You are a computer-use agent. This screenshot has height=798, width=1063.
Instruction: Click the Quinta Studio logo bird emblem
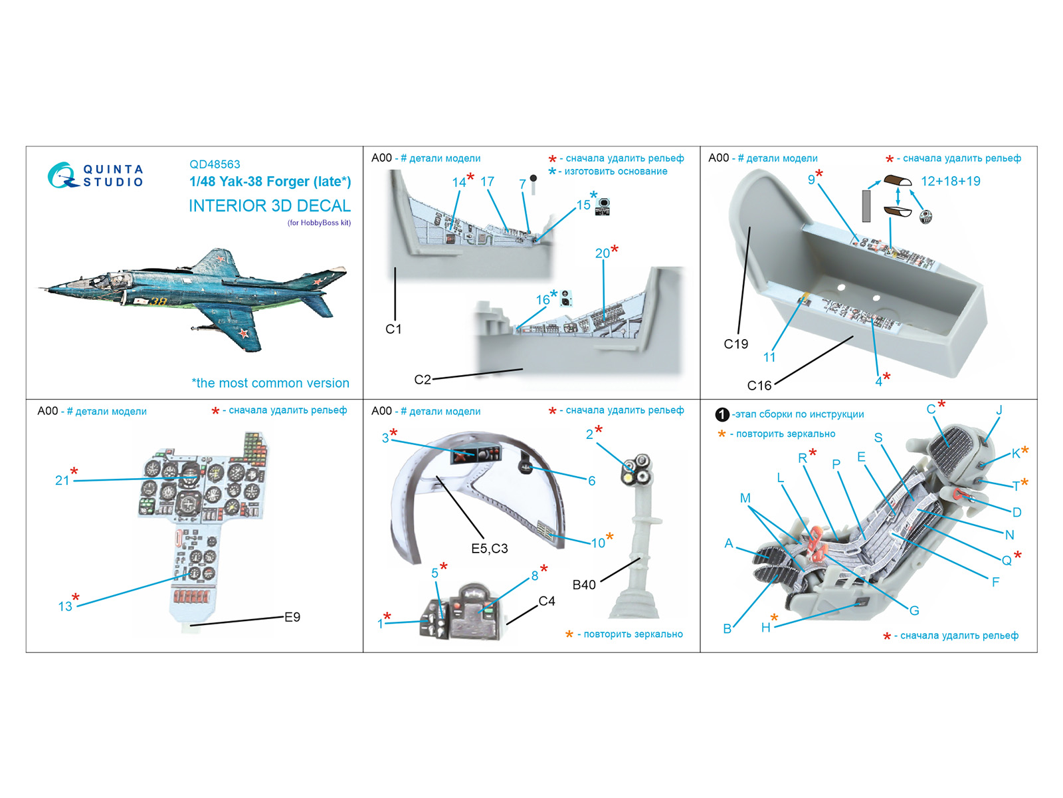tap(61, 175)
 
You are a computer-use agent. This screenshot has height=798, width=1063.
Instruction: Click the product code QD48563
tap(215, 164)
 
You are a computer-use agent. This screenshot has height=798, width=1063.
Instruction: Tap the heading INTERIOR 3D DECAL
tap(269, 206)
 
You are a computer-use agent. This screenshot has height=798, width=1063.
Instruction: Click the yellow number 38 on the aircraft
tap(158, 302)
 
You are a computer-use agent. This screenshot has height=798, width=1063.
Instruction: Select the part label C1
tap(393, 329)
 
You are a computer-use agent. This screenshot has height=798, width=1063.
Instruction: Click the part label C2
tap(423, 380)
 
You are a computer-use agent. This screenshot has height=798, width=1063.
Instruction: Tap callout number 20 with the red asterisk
tap(603, 253)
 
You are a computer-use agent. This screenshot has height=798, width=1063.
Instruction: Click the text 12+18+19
tap(950, 182)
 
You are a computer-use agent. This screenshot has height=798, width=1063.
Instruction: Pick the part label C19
tap(735, 344)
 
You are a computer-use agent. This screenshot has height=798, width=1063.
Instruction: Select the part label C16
tap(759, 386)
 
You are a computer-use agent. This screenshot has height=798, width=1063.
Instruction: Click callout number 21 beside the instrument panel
tap(62, 480)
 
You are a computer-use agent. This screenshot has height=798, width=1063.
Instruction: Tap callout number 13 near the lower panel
tap(65, 606)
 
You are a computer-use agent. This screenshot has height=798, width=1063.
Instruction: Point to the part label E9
tap(292, 617)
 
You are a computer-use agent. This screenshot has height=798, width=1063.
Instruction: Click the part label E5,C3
tap(490, 549)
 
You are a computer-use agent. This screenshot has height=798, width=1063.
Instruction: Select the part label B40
tap(584, 585)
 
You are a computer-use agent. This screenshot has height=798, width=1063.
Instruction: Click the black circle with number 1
tap(722, 415)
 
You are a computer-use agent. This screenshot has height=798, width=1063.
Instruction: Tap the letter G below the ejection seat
tap(914, 610)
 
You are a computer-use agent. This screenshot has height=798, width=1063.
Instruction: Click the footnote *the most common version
tap(270, 383)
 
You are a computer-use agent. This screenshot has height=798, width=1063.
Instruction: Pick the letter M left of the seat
tap(745, 498)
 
